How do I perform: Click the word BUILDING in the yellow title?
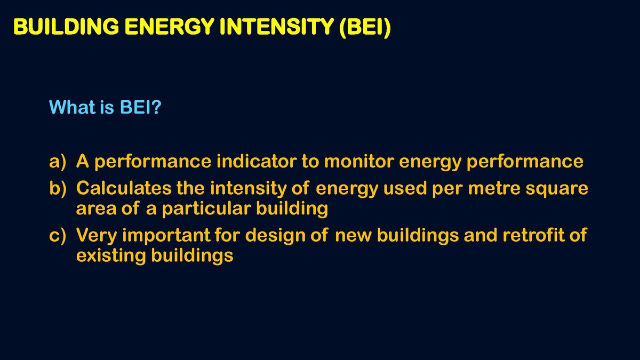point(66,27)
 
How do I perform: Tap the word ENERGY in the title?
point(170,27)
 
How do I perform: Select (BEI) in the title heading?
point(365,27)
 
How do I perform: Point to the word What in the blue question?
point(73,107)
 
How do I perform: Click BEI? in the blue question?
point(141,107)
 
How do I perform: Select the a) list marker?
point(58,162)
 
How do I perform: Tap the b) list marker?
point(58,189)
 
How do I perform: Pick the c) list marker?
point(58,236)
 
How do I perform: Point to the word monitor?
point(359,161)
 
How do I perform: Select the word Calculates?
point(124,188)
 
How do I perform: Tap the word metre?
point(494,189)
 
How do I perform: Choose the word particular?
point(206,209)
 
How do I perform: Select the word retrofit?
point(534,235)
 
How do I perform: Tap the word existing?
point(111,255)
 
